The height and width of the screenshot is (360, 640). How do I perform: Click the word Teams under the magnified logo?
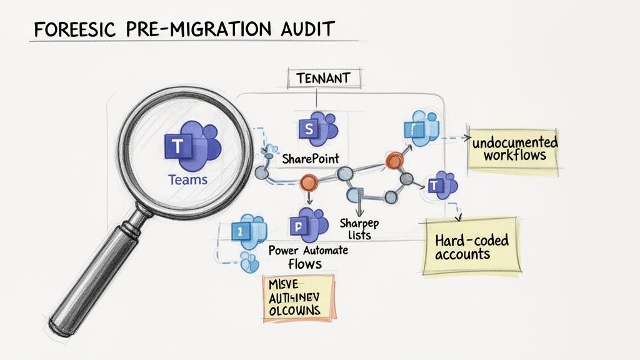pos(187,180)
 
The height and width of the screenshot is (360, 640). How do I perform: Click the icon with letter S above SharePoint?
pos(317,129)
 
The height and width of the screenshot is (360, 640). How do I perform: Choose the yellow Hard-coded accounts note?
pos(471,246)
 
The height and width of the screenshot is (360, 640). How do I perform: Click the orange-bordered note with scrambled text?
pos(299,298)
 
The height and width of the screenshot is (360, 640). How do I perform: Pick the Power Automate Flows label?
pos(308,256)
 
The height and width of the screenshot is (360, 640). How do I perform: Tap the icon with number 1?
pos(244,232)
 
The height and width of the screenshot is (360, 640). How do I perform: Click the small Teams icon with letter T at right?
pos(442,184)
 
